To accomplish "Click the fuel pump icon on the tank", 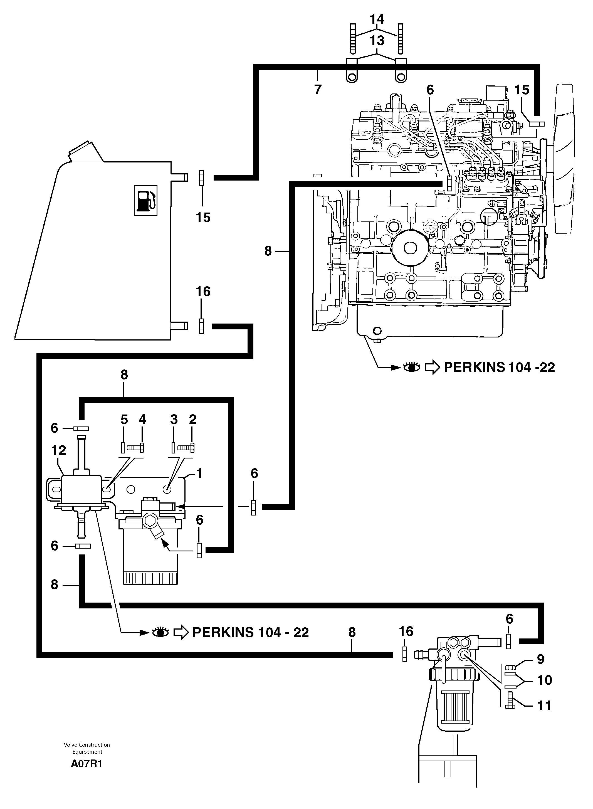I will pyautogui.click(x=145, y=200).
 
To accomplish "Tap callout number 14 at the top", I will pyautogui.click(x=377, y=19).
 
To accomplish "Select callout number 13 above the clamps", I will pyautogui.click(x=377, y=41).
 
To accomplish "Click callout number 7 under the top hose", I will pyautogui.click(x=318, y=89).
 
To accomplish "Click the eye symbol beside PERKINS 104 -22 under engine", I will pyautogui.click(x=411, y=367).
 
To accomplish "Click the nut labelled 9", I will pyautogui.click(x=510, y=667).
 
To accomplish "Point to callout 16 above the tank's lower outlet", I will pyautogui.click(x=203, y=291).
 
